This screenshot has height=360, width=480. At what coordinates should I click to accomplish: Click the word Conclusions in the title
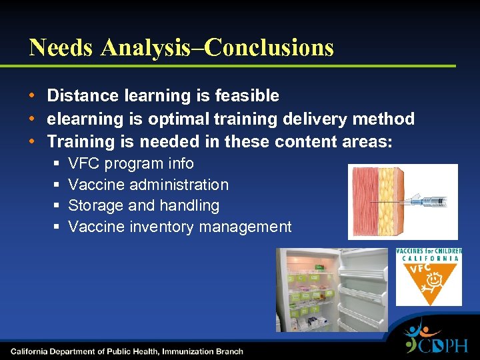pos(269,47)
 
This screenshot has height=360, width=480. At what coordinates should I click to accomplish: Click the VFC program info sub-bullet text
pos(131,163)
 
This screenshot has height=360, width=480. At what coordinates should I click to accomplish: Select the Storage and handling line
pos(143,205)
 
